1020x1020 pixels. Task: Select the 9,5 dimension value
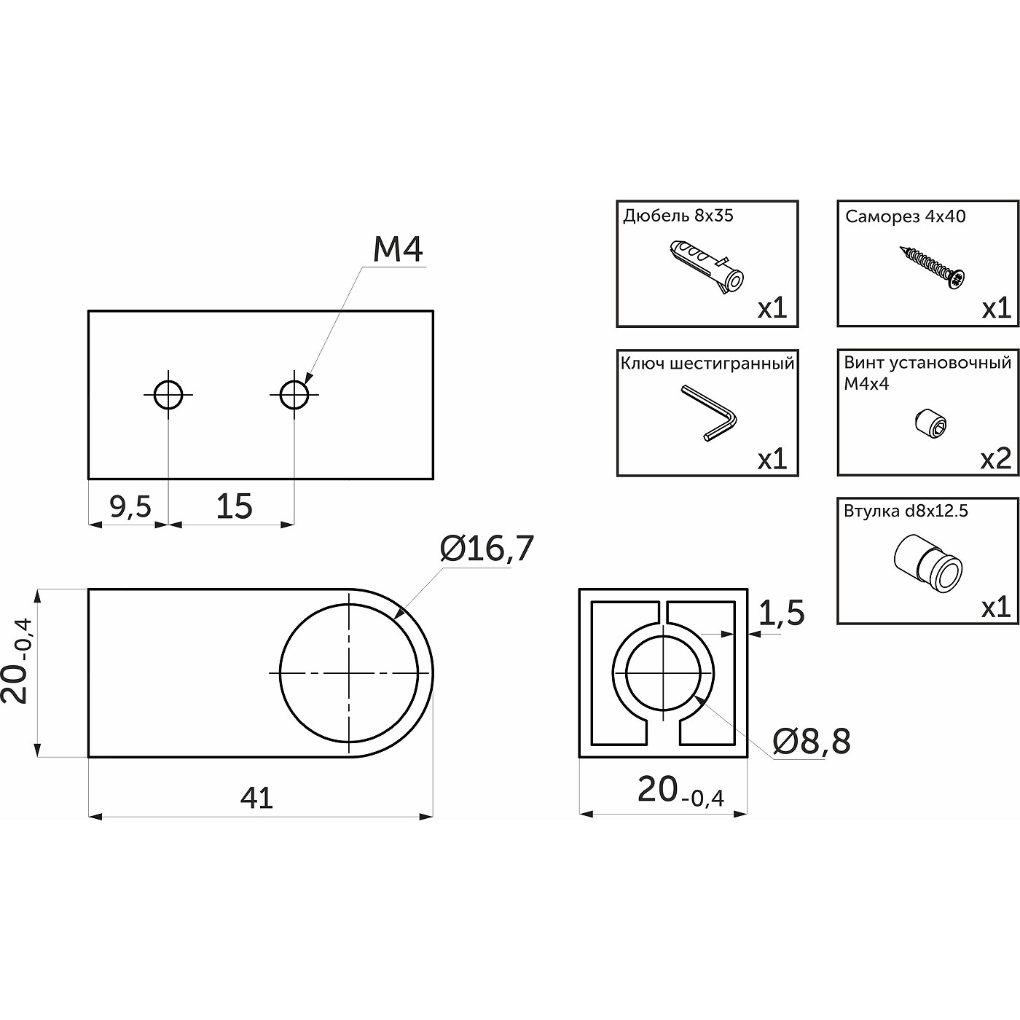pyautogui.click(x=130, y=506)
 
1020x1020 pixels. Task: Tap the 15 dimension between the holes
pyautogui.click(x=234, y=506)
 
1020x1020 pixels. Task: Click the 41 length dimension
pyautogui.click(x=256, y=797)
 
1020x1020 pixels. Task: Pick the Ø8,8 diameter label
pyautogui.click(x=812, y=741)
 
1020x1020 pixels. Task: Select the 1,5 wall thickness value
pyautogui.click(x=781, y=613)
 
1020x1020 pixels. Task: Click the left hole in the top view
pyautogui.click(x=168, y=394)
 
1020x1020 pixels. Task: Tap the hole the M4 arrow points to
pyautogui.click(x=294, y=394)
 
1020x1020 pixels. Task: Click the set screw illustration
pyautogui.click(x=930, y=425)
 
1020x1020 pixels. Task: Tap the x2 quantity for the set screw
pyautogui.click(x=996, y=459)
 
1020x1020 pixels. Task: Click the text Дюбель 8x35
pyautogui.click(x=678, y=216)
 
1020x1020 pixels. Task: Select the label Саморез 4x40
pyautogui.click(x=905, y=216)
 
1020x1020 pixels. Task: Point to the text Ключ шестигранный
pyautogui.click(x=707, y=364)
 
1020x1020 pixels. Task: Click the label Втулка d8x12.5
pyautogui.click(x=906, y=511)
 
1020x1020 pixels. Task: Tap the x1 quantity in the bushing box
pyautogui.click(x=996, y=608)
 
